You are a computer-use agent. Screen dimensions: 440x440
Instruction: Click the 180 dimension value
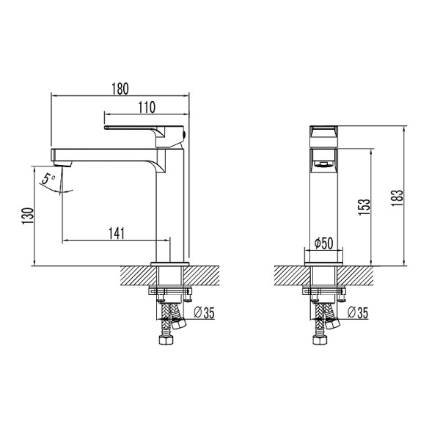tap(120, 89)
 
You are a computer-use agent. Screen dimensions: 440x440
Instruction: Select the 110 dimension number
tap(146, 108)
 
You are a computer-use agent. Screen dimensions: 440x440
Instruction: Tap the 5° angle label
tap(48, 178)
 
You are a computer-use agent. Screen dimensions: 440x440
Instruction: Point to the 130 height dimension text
tap(27, 217)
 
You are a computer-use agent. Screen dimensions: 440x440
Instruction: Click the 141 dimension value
tap(116, 233)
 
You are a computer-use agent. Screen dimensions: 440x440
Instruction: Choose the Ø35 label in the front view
tap(358, 313)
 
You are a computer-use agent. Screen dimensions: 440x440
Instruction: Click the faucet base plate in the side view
tap(171, 263)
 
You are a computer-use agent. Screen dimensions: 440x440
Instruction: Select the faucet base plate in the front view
tap(323, 263)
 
